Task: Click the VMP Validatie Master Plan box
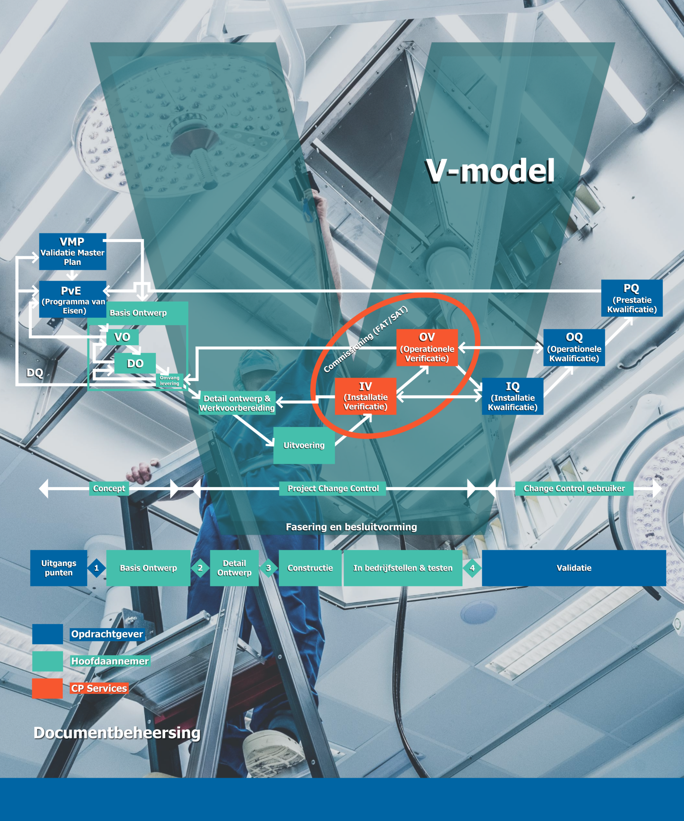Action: pyautogui.click(x=72, y=251)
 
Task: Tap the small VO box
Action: pyautogui.click(x=122, y=337)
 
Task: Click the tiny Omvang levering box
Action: pyautogui.click(x=169, y=380)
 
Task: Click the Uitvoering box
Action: pyautogui.click(x=304, y=445)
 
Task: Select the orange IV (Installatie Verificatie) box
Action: pyautogui.click(x=366, y=396)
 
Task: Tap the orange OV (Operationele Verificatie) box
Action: pyautogui.click(x=427, y=347)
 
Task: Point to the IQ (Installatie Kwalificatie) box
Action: pyautogui.click(x=512, y=396)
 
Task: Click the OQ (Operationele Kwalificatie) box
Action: pyautogui.click(x=574, y=347)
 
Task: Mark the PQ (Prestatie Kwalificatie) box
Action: pyautogui.click(x=632, y=298)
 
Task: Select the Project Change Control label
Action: pyautogui.click(x=333, y=488)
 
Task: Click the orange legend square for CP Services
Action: pyautogui.click(x=47, y=689)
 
